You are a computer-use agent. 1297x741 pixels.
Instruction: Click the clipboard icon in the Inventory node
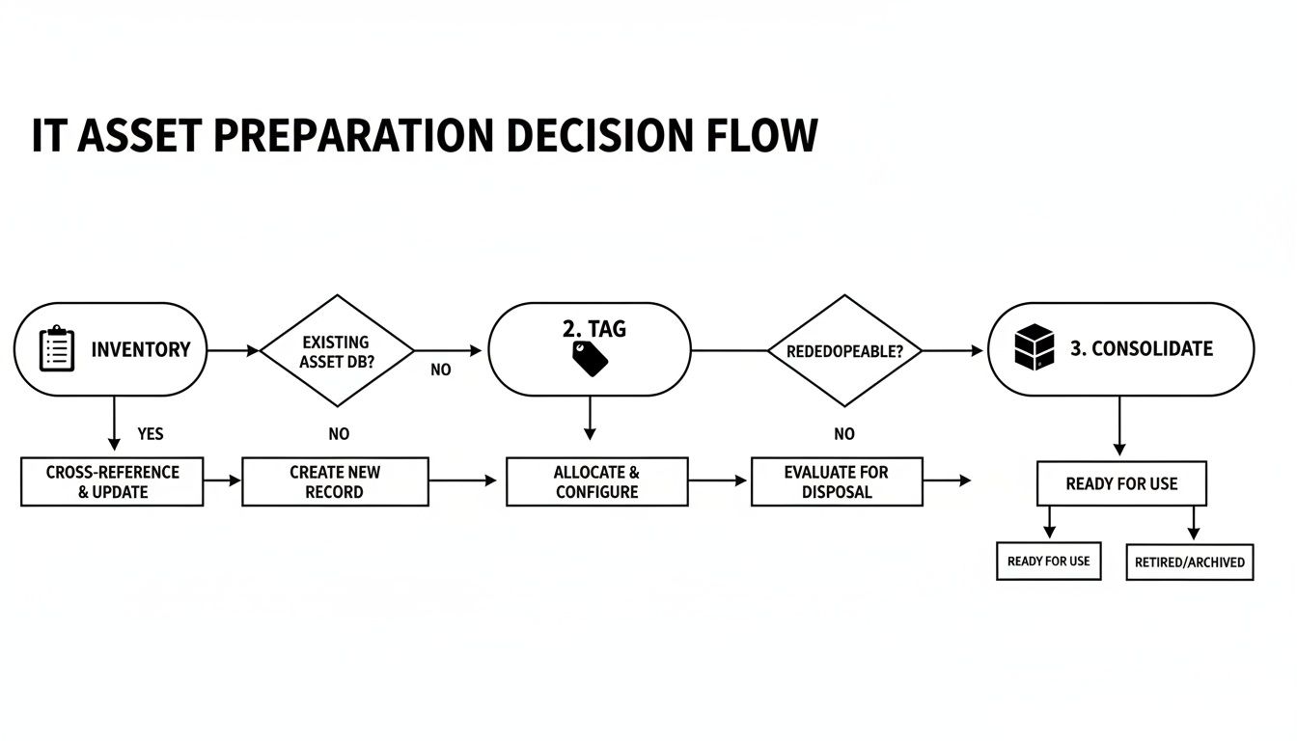click(57, 349)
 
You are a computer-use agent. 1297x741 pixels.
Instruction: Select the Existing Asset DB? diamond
click(336, 351)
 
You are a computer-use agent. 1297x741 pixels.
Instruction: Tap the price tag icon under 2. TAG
click(590, 359)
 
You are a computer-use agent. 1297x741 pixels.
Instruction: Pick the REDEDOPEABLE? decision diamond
click(844, 351)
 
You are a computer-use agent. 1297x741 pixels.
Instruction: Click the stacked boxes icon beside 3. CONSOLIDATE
click(1035, 348)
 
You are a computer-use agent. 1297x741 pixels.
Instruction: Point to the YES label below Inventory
click(151, 434)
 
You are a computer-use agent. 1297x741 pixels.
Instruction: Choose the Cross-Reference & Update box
click(112, 481)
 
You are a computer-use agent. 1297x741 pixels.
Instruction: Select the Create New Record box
click(335, 481)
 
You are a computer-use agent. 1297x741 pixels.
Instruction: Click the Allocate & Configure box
click(596, 481)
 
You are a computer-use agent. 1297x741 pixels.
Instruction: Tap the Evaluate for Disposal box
click(836, 481)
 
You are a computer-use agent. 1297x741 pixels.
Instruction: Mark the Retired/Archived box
click(1189, 562)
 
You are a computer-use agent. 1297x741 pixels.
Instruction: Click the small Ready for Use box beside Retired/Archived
click(1048, 561)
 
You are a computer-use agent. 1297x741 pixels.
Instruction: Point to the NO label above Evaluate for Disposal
click(844, 434)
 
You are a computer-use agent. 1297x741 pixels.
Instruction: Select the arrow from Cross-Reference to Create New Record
click(222, 480)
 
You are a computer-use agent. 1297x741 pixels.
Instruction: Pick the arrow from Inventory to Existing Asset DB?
click(234, 351)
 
